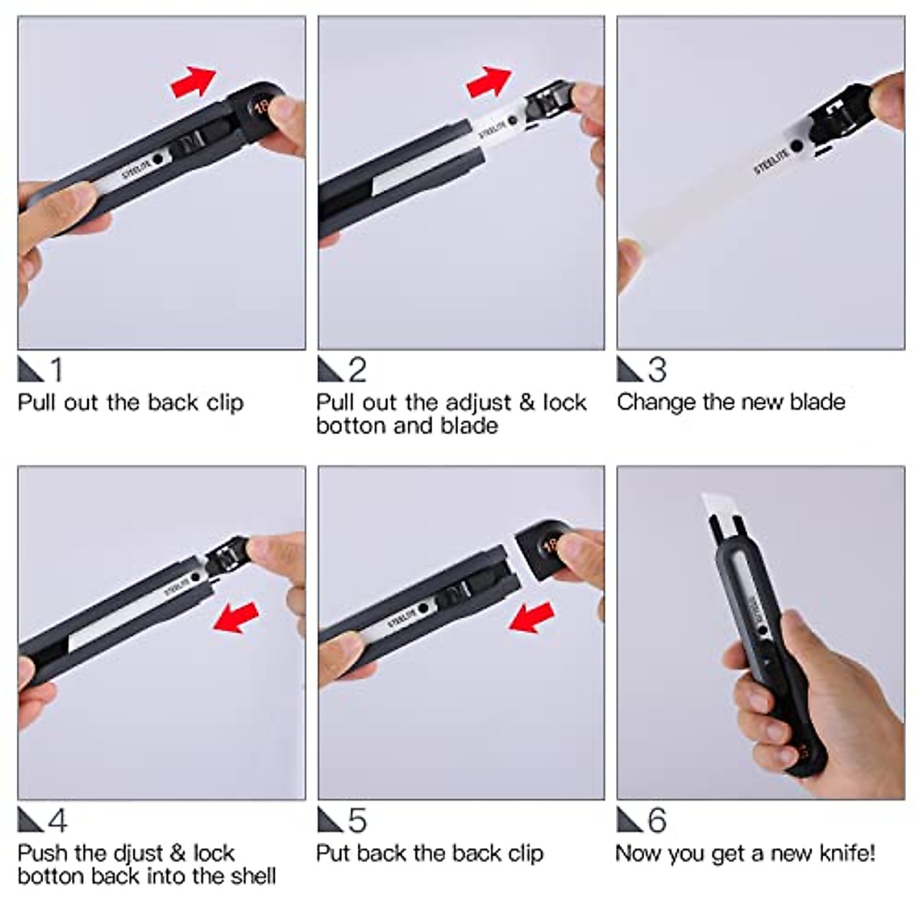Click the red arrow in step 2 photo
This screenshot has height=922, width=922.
tap(489, 81)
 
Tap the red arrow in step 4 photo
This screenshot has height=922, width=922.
tap(236, 617)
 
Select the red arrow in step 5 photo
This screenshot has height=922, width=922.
tap(532, 617)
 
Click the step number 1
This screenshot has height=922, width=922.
tap(56, 370)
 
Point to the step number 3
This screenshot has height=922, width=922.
tap(657, 370)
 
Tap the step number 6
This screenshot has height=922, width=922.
tap(657, 820)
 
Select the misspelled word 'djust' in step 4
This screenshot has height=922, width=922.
tap(138, 854)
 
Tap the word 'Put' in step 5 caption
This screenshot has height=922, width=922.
tap(333, 853)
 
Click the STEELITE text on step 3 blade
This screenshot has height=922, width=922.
tap(771, 159)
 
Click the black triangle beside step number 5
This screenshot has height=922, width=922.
tap(330, 820)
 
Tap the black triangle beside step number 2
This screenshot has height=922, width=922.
tap(330, 370)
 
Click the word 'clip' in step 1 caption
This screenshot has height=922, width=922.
tap(225, 403)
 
